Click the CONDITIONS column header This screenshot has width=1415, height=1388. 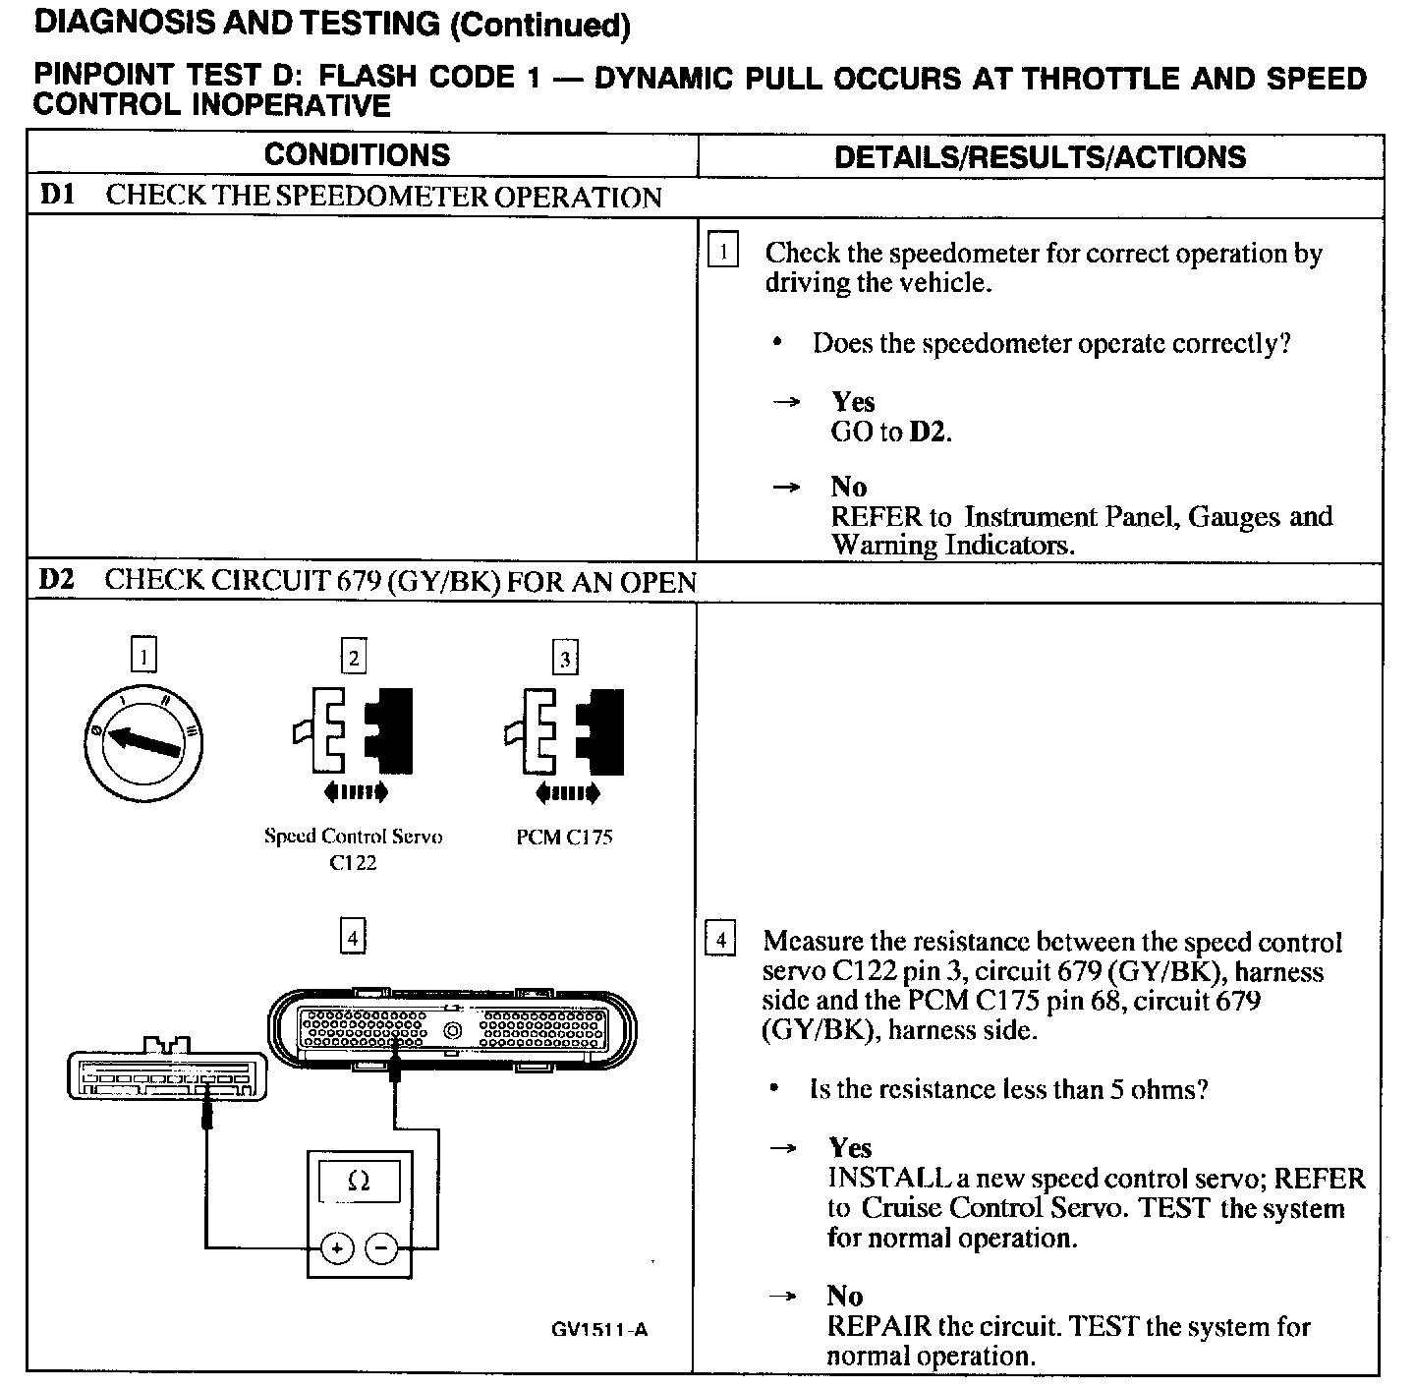pos(357,155)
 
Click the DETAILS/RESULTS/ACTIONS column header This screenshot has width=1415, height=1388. pos(1040,157)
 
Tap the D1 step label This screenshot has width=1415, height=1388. pos(57,195)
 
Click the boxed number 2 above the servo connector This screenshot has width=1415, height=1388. pos(353,658)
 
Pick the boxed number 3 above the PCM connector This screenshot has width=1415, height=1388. pos(564,659)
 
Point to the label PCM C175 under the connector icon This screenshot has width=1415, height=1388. pos(564,838)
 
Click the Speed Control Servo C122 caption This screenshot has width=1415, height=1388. pos(353,849)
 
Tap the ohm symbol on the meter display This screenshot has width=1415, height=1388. pos(359,1182)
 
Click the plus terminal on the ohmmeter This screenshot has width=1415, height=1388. pos(336,1248)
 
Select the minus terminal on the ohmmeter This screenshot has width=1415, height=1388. pos(381,1248)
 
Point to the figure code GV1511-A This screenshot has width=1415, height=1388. pos(599,1330)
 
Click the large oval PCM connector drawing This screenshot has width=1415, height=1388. pos(452,1029)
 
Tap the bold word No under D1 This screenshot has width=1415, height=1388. pos(849,488)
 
